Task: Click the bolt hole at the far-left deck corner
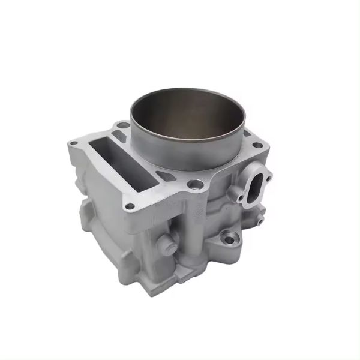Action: coord(73,143)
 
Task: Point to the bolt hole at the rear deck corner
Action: coord(122,125)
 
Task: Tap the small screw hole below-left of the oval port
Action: coord(239,197)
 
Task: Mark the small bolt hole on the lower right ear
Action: coord(259,221)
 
